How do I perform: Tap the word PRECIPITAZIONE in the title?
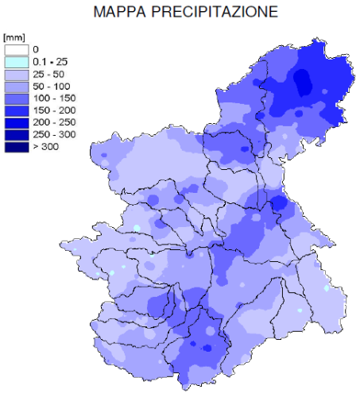pyautogui.click(x=212, y=13)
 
